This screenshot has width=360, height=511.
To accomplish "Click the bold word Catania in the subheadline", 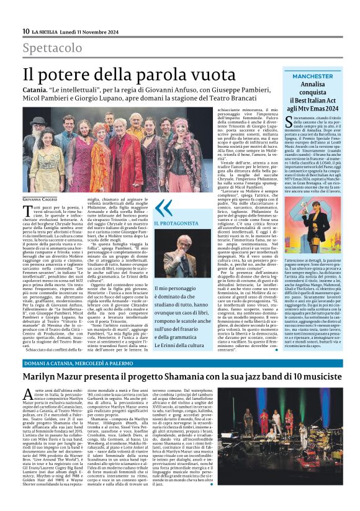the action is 36,91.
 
